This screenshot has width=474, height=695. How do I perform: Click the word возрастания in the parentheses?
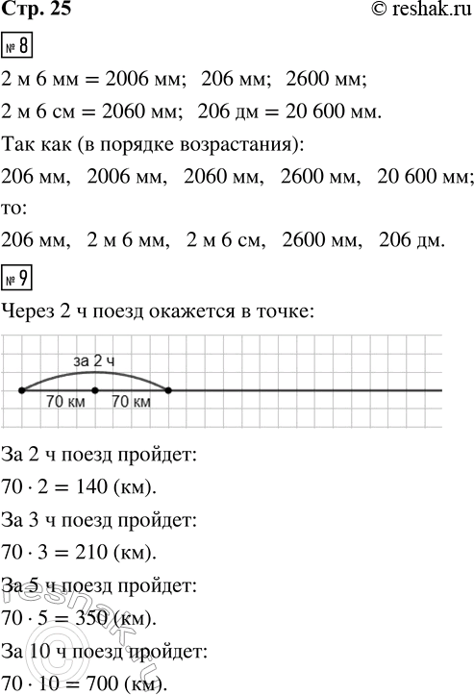257,147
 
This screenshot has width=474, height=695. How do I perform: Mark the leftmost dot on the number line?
21,390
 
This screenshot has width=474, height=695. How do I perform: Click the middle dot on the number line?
95,390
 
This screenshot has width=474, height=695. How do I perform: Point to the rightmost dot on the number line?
168,390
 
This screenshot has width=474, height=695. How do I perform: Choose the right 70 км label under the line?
131,404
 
